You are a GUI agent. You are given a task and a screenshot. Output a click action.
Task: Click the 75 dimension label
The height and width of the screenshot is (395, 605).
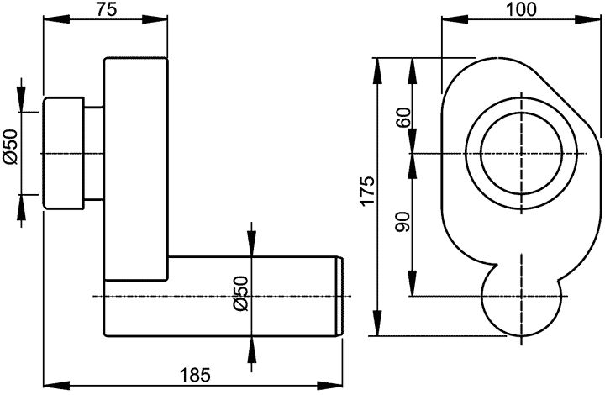coord(107,10)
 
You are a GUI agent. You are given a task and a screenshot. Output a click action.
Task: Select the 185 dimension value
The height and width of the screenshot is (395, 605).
coord(196,375)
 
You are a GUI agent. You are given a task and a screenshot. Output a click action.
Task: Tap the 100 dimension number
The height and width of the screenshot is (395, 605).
coord(521,9)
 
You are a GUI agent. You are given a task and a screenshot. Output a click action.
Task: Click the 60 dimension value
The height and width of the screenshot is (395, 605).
coord(403,118)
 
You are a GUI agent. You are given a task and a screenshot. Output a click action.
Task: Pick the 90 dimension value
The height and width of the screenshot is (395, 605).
coord(403,222)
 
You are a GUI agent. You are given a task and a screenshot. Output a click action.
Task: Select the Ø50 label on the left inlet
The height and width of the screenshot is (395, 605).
coord(11,147)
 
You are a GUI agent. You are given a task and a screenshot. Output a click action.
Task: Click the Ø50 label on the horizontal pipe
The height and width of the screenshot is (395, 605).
coord(240,293)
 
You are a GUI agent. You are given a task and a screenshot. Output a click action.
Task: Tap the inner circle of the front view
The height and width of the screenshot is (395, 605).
coord(481,154)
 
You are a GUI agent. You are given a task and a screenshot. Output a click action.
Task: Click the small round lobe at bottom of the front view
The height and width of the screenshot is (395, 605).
coord(521,334)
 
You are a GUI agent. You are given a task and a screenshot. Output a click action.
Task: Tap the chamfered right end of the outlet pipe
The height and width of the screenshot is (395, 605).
coord(339,296)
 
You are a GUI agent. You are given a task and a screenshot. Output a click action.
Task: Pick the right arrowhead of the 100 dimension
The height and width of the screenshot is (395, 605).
coord(588,19)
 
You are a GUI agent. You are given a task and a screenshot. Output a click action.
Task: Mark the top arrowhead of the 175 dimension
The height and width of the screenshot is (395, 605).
coord(378,71)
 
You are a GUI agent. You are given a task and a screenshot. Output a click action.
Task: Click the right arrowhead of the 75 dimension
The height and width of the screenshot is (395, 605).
coord(155,19)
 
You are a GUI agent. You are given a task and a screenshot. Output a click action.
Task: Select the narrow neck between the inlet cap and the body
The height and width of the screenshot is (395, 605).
coord(94,154)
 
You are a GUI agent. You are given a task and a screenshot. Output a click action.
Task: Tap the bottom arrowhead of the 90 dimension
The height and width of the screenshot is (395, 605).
coord(413,282)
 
